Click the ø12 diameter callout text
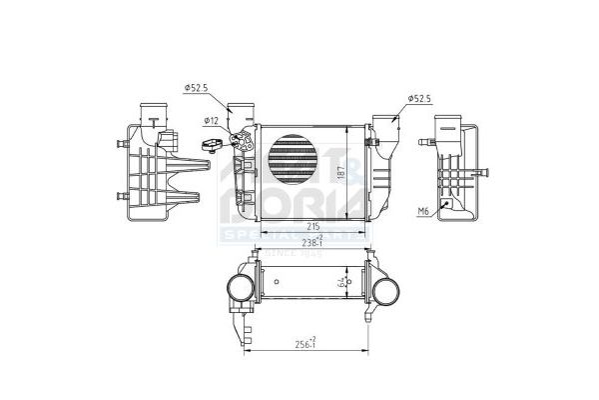[211, 121]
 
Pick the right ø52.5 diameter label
[419, 98]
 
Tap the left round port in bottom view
[240, 291]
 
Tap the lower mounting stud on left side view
[122, 195]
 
